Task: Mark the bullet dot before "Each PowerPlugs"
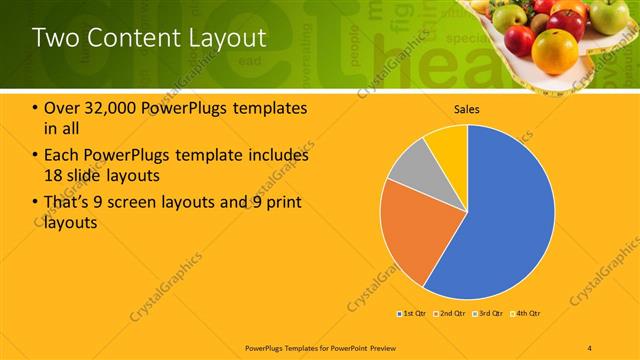(36, 155)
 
